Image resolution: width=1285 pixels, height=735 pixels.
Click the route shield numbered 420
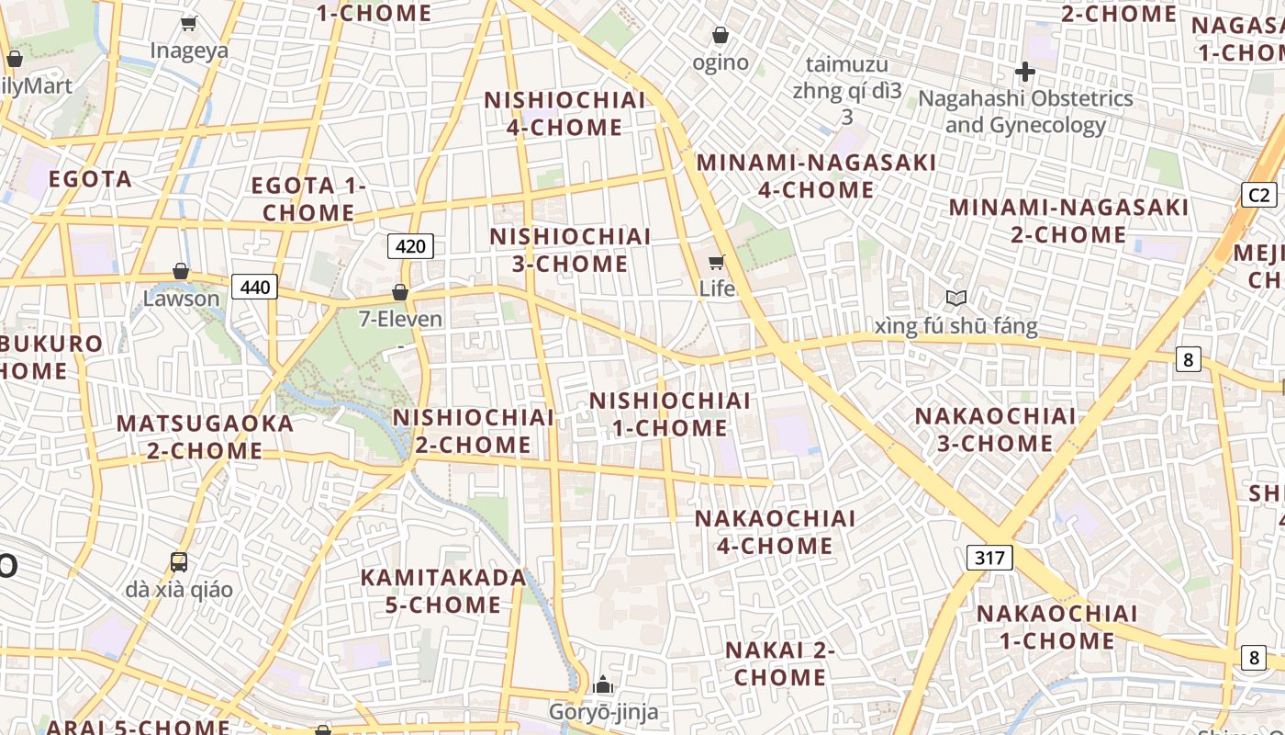(x=410, y=246)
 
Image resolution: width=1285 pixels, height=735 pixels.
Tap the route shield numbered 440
(x=254, y=288)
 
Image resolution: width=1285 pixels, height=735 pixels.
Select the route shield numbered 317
(x=989, y=557)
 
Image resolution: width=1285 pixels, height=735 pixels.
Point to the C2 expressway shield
(x=1259, y=195)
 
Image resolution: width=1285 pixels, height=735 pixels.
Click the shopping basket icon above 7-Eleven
(x=400, y=292)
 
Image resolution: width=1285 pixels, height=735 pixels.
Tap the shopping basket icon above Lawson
(x=181, y=271)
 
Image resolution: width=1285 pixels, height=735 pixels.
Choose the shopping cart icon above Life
(x=717, y=262)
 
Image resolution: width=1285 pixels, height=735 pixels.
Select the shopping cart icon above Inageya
(x=189, y=23)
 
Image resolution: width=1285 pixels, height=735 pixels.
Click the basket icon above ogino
(x=721, y=35)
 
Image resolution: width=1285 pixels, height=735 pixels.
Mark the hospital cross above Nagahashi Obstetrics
(x=1025, y=71)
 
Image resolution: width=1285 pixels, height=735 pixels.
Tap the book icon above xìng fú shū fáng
(x=956, y=298)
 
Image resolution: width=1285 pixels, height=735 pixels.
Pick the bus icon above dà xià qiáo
(x=179, y=561)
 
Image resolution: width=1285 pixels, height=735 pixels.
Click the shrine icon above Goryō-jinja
(x=603, y=684)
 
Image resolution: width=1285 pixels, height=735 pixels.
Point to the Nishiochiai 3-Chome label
(x=558, y=250)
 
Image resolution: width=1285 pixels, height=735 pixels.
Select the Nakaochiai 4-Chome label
(x=775, y=532)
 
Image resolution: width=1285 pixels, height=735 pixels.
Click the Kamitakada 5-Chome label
(x=443, y=591)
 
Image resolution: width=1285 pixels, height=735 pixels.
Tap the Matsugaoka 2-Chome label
(x=205, y=437)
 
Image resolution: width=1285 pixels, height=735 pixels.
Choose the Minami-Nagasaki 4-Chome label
(x=816, y=176)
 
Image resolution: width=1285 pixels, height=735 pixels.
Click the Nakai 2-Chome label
(x=780, y=663)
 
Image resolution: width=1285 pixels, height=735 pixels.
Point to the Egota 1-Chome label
(x=308, y=198)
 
